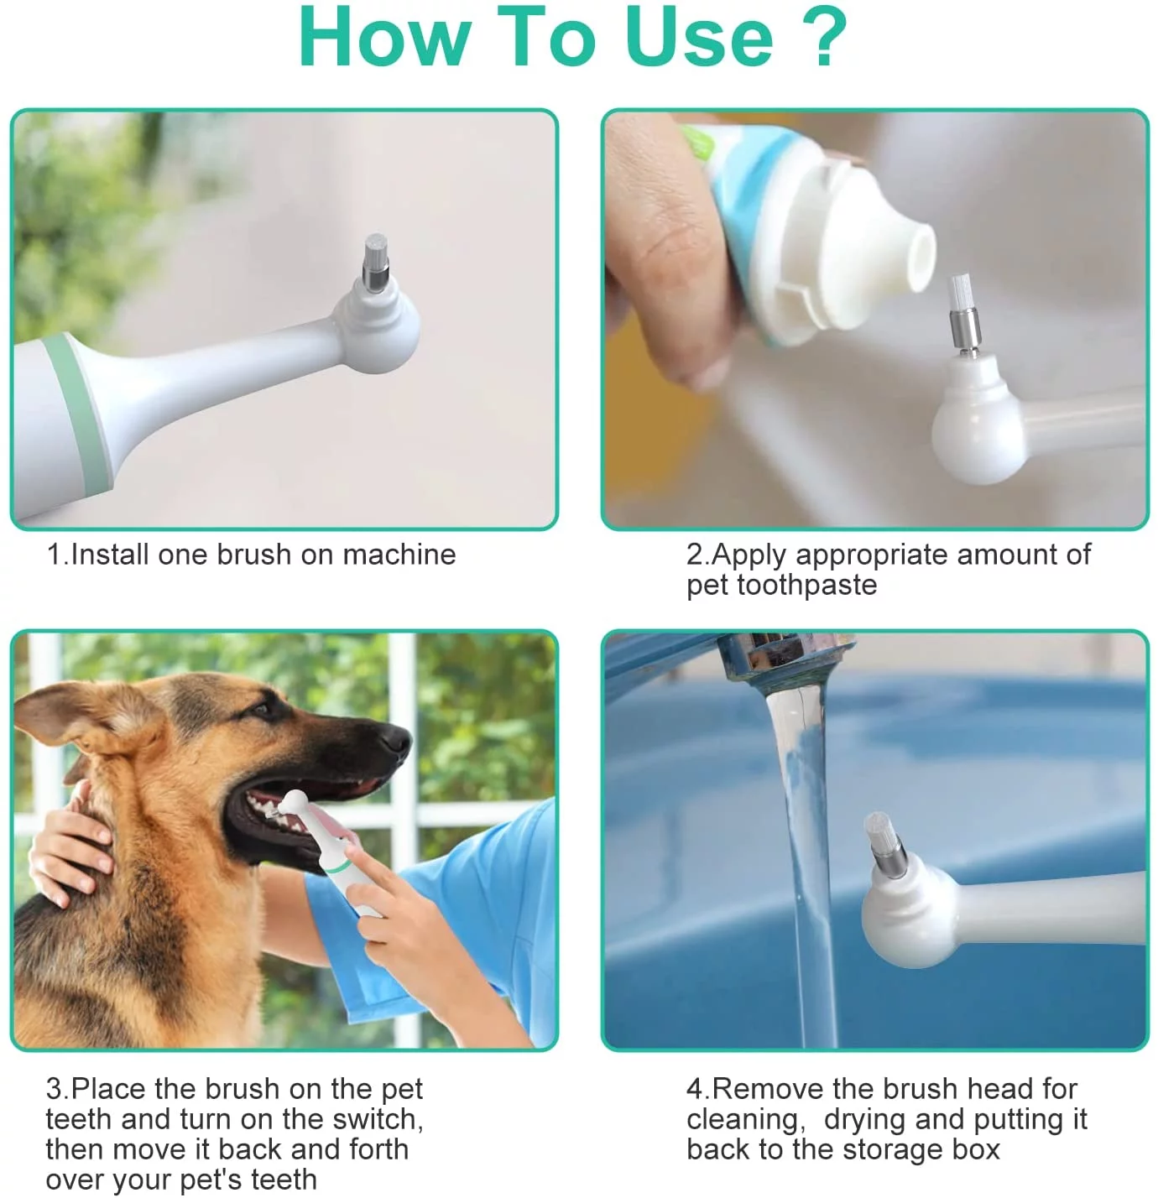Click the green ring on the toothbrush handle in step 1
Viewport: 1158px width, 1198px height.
81,411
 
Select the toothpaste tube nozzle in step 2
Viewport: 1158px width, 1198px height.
901,257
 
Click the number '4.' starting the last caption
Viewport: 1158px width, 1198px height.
698,1089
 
